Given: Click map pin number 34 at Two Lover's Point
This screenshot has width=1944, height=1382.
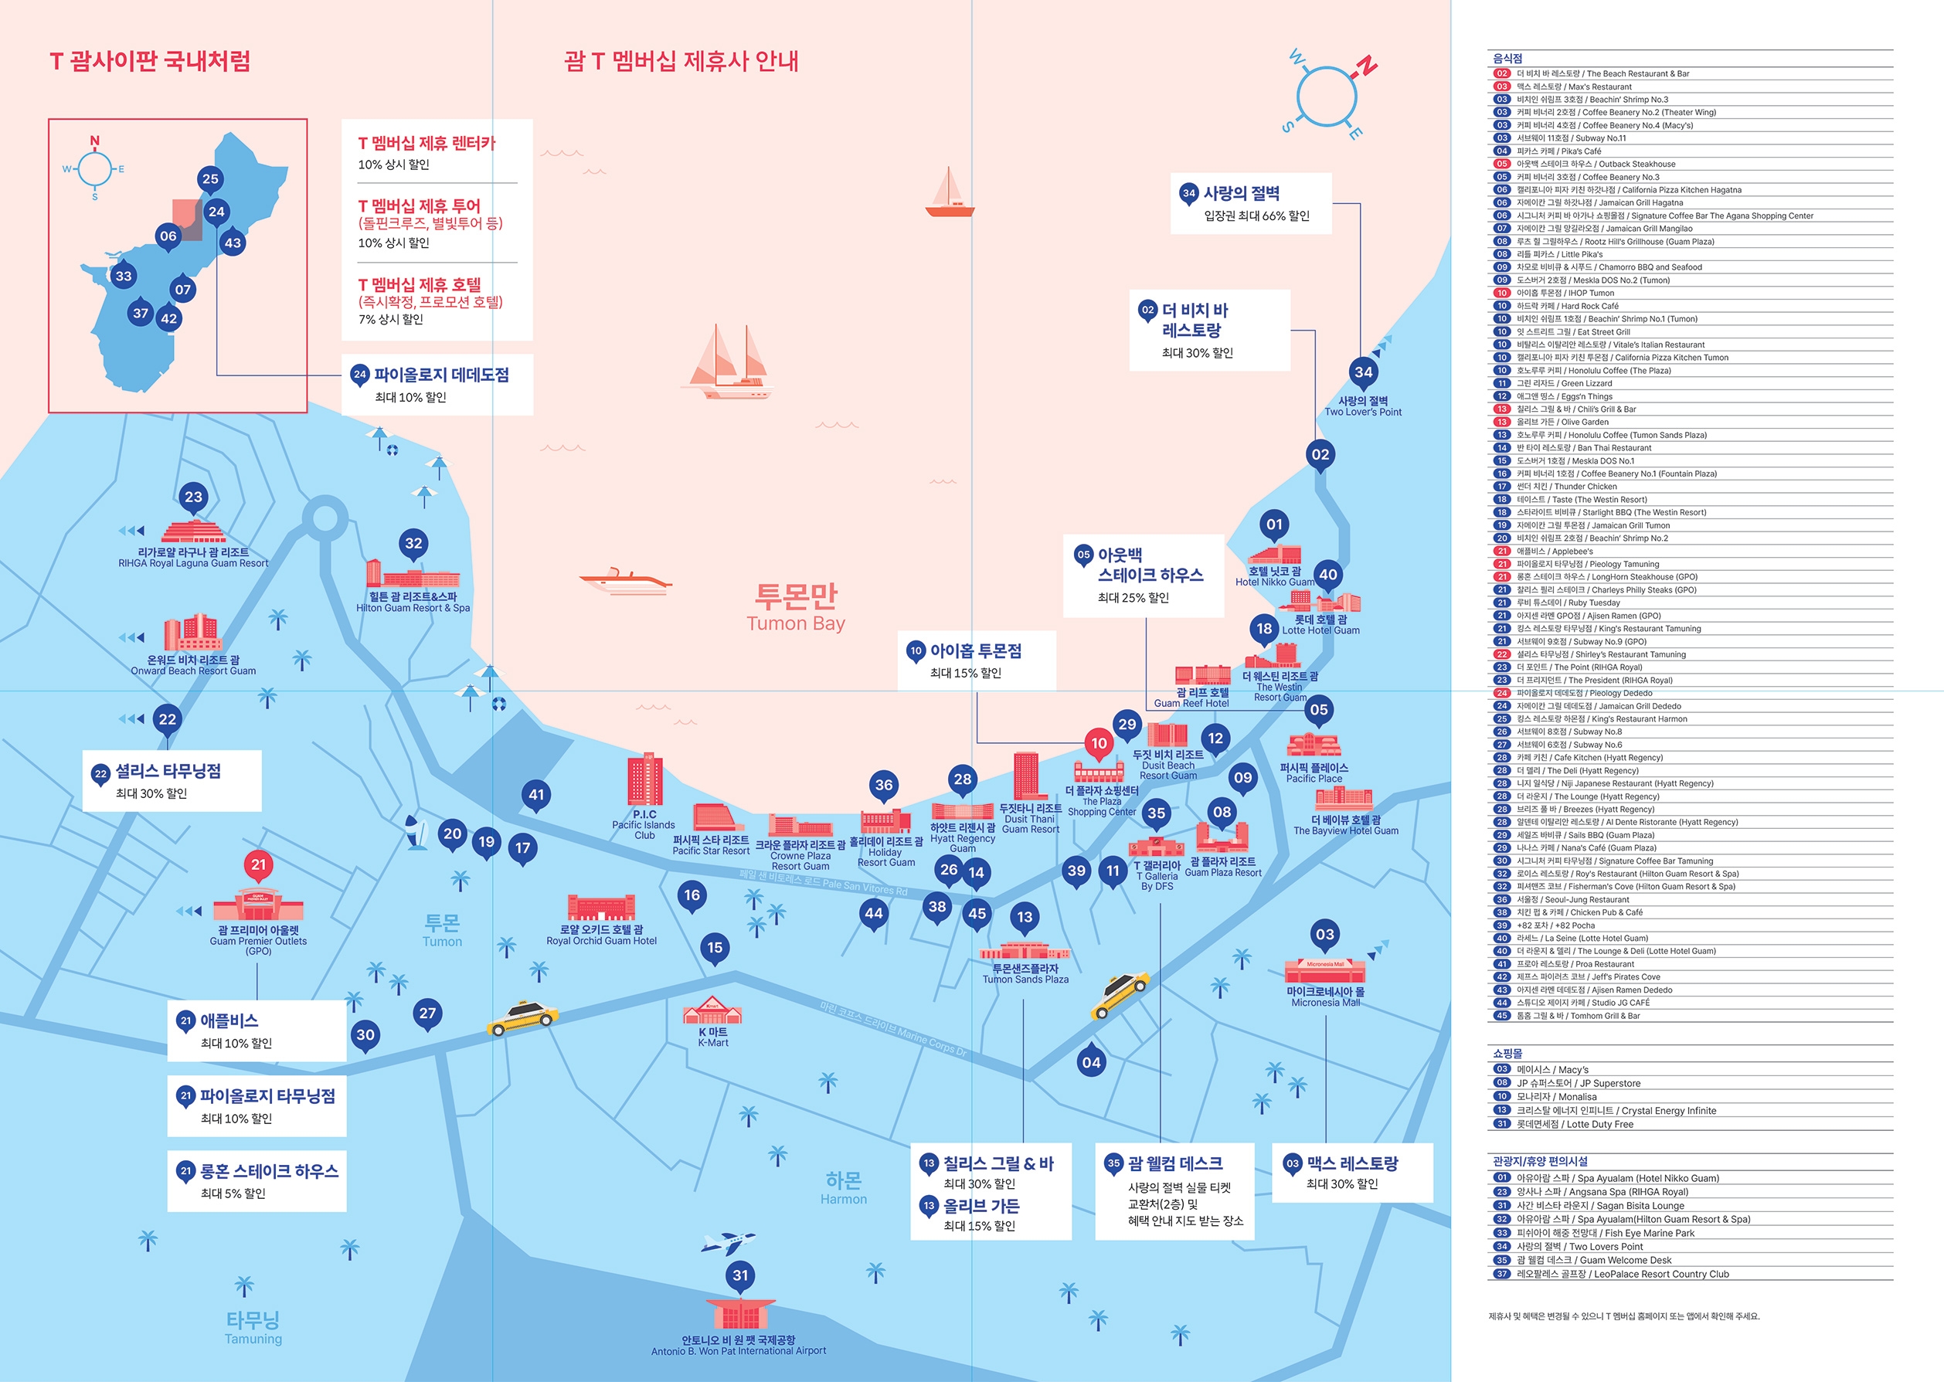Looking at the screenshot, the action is pyautogui.click(x=1364, y=372).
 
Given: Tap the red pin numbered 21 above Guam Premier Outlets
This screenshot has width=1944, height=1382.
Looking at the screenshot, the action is pyautogui.click(x=258, y=864).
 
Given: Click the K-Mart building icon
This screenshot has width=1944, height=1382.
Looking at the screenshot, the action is pyautogui.click(x=712, y=1010).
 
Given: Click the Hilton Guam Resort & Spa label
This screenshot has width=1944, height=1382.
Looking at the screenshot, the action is pyautogui.click(x=413, y=603).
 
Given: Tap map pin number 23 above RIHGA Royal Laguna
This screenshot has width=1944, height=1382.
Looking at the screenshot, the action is pyautogui.click(x=194, y=497).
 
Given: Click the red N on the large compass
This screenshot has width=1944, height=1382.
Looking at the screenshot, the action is pyautogui.click(x=1366, y=65).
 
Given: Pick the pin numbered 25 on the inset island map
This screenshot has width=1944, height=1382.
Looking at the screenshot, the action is pyautogui.click(x=210, y=178).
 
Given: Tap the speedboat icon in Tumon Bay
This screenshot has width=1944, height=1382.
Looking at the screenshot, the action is pyautogui.click(x=626, y=581).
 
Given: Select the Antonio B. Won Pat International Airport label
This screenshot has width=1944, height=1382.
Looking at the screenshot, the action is pyautogui.click(x=739, y=1346).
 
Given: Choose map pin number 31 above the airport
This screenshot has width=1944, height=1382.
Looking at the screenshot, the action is pyautogui.click(x=740, y=1275).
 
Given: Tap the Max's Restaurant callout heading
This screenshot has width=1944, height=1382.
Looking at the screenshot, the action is pyautogui.click(x=1351, y=1163).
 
